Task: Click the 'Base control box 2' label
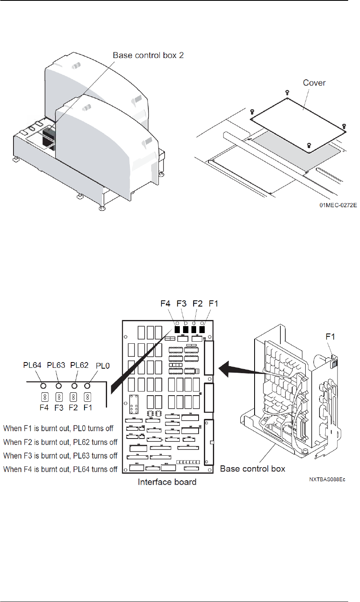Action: (x=148, y=55)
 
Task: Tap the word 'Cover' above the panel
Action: (x=314, y=83)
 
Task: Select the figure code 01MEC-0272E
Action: (x=338, y=205)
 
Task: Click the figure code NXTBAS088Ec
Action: (x=327, y=479)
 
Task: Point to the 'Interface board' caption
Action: (x=167, y=482)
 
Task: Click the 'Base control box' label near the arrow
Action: (x=253, y=469)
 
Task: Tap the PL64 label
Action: (x=32, y=365)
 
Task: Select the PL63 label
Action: (x=56, y=365)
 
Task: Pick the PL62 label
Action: (x=79, y=365)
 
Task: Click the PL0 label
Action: (x=103, y=366)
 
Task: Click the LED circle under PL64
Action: (x=43, y=385)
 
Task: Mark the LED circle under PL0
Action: (x=87, y=385)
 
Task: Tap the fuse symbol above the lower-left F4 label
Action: (x=44, y=397)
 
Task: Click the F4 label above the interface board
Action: (x=165, y=304)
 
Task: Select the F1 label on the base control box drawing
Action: (x=330, y=337)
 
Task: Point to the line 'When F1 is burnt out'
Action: (x=58, y=428)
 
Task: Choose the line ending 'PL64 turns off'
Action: (x=60, y=469)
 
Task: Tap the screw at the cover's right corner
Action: (x=344, y=126)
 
